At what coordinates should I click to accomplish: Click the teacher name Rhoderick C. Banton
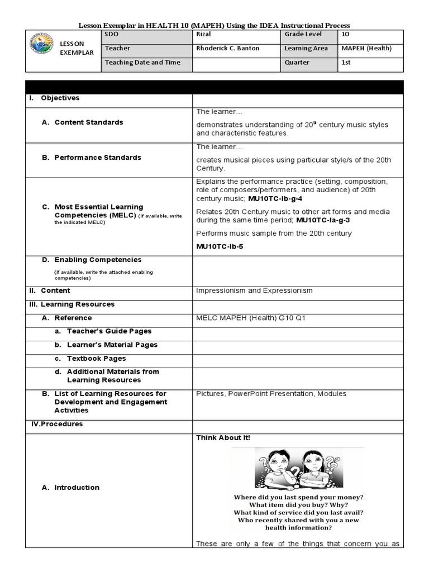[x=227, y=49]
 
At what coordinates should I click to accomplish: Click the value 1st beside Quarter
[x=346, y=63]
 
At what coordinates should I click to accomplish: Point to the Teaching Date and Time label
[x=142, y=63]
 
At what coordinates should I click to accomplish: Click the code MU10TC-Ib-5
[x=220, y=246]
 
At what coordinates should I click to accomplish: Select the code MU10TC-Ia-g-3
[x=326, y=220]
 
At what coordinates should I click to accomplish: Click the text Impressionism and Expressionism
[x=254, y=290]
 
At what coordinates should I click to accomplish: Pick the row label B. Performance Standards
[x=92, y=158]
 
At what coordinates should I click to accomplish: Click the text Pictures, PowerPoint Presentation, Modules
[x=271, y=394]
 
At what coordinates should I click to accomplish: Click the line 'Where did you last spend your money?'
[x=297, y=497]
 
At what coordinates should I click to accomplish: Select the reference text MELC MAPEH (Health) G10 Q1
[x=251, y=318]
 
